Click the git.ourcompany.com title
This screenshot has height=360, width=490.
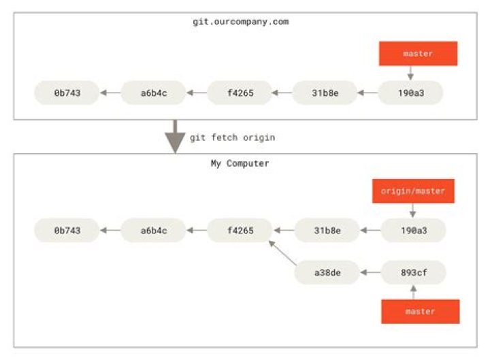(x=241, y=22)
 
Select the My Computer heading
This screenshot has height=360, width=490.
(x=240, y=163)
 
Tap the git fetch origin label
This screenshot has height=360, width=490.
(x=233, y=137)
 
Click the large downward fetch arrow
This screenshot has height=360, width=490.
(x=175, y=137)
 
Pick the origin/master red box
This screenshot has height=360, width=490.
(x=413, y=191)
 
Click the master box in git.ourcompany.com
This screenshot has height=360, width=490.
(x=418, y=54)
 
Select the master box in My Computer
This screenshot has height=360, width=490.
(x=421, y=312)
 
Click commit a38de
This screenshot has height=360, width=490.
(x=327, y=272)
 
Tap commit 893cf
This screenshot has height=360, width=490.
(x=414, y=272)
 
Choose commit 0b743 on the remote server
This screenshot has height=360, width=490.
(x=67, y=93)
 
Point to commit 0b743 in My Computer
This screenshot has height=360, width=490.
(x=67, y=230)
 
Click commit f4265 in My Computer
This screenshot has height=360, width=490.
(x=240, y=230)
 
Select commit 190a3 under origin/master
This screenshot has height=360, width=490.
(x=414, y=230)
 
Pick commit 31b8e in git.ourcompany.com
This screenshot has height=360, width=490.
(x=325, y=93)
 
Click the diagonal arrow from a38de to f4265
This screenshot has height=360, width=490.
(x=282, y=252)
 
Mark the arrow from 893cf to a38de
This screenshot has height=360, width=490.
(x=370, y=272)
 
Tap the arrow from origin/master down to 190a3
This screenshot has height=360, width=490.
(x=413, y=210)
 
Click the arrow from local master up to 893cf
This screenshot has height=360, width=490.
(x=414, y=292)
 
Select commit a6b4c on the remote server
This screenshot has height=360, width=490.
(x=153, y=93)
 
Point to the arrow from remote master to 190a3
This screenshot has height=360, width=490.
(x=410, y=73)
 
